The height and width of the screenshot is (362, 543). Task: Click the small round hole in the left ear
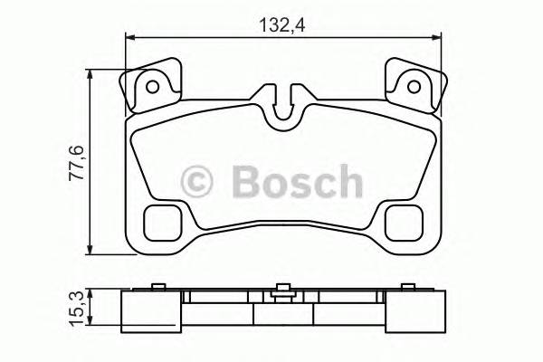click(153, 88)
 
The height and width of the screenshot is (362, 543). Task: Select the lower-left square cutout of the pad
click(164, 220)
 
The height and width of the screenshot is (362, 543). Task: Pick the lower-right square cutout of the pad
click(401, 220)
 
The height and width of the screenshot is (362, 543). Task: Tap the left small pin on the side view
click(158, 287)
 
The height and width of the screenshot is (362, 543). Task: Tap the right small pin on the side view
click(406, 287)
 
